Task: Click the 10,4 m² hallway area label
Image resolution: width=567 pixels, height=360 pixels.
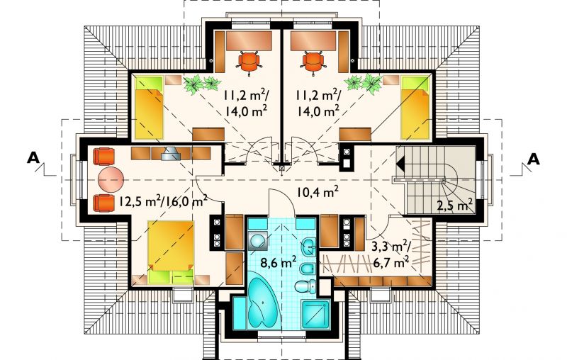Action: coord(318,192)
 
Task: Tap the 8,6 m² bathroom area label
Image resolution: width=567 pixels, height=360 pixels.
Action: coord(279,261)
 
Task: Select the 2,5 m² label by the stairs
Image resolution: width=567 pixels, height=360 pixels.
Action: coord(455,206)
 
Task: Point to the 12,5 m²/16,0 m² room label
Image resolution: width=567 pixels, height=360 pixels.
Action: coord(163,201)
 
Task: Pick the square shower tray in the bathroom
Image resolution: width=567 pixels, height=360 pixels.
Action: coord(315,315)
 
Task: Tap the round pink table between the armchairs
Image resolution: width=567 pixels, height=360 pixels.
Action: coord(111,179)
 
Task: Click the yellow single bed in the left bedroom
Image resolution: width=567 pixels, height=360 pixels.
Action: coord(149,108)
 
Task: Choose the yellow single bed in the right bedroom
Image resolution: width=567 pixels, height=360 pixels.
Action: coord(415,107)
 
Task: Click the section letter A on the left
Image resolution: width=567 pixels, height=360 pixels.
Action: coord(33,158)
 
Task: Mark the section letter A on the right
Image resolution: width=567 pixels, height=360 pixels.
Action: coord(534,159)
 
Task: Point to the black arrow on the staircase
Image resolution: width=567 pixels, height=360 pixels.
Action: coord(400,164)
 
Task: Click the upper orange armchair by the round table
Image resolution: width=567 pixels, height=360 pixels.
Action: coord(103,156)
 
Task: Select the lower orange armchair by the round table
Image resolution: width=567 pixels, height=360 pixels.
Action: coord(103,203)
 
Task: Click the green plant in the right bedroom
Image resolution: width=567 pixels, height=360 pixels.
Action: coord(364,84)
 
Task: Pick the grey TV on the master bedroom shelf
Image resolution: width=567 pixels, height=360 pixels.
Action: coord(170,154)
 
